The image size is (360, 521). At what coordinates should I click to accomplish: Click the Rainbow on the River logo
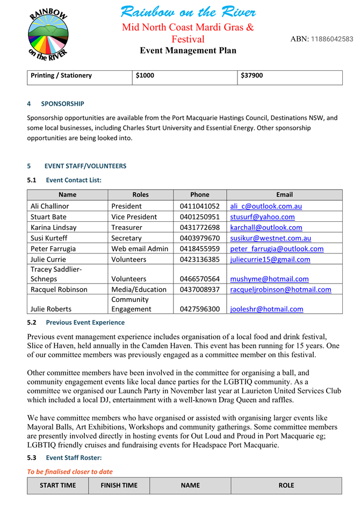click(x=48, y=35)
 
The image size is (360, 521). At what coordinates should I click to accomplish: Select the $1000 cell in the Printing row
click(x=145, y=76)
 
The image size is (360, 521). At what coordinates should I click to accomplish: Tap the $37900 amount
click(x=252, y=76)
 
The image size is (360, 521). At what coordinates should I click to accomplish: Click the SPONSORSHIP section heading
click(x=62, y=104)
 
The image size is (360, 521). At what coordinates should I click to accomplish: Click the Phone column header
click(x=200, y=195)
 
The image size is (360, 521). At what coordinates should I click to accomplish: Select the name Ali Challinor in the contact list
click(x=49, y=206)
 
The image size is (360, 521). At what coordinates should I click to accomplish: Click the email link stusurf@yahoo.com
click(x=262, y=217)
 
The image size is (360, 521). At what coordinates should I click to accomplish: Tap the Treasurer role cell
click(x=127, y=228)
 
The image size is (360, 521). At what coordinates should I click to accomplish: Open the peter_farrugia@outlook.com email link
click(x=277, y=249)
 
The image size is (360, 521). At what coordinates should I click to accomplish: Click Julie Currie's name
click(x=48, y=259)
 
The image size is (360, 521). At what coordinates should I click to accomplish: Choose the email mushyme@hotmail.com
click(x=269, y=279)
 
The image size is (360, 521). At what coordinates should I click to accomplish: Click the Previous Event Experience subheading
click(x=85, y=323)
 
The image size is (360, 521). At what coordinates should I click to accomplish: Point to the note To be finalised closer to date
click(x=70, y=472)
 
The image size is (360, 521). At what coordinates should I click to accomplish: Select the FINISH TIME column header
click(x=119, y=486)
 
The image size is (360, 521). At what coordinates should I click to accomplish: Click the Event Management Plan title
click(x=188, y=51)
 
